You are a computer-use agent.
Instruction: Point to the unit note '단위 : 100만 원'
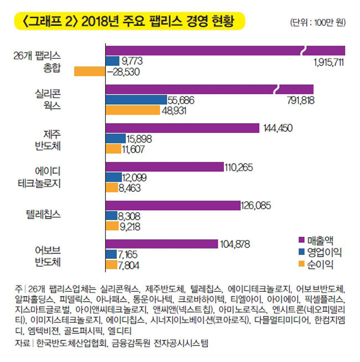[317, 23]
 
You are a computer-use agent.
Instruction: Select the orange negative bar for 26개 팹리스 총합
[89, 71]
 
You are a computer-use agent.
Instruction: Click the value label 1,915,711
[328, 62]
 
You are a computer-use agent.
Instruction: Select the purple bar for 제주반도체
[182, 128]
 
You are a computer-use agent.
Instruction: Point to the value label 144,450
[277, 128]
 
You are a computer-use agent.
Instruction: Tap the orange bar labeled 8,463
[112, 187]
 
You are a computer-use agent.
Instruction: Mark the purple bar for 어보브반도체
[161, 244]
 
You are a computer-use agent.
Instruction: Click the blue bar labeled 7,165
[111, 254]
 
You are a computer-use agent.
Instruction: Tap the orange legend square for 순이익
[302, 264]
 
